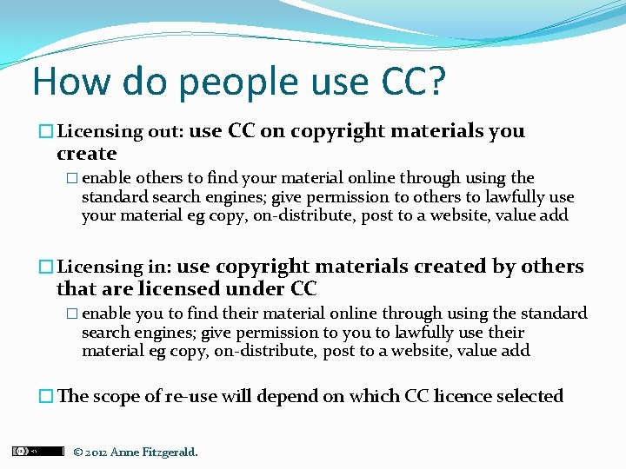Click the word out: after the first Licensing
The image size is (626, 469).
pyautogui.click(x=164, y=132)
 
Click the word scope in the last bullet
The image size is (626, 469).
pyautogui.click(x=115, y=396)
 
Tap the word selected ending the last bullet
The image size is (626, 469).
pyautogui.click(x=529, y=396)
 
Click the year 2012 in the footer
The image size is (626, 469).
pyautogui.click(x=96, y=452)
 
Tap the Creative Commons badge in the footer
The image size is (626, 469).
pyautogui.click(x=37, y=451)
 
